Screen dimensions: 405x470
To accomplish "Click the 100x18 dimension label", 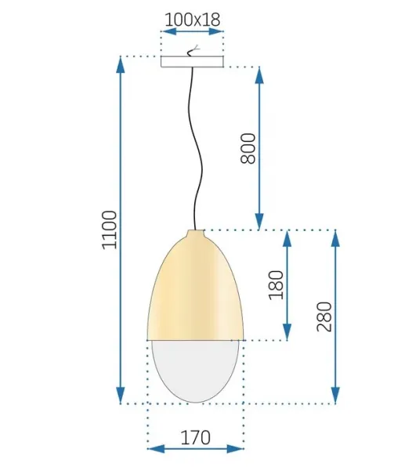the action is (193, 20).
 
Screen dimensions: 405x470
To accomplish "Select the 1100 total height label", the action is (109, 230).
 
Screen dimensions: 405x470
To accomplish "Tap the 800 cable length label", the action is (248, 148).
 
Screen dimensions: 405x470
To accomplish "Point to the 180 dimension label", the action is (276, 285).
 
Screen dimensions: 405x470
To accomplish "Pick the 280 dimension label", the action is (324, 316).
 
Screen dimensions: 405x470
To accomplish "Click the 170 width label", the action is (196, 438).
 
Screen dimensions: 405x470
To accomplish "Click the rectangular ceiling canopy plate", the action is (192, 61).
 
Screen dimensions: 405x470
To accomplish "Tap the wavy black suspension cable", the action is (195, 148).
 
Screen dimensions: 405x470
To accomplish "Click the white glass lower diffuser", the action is (195, 371).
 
